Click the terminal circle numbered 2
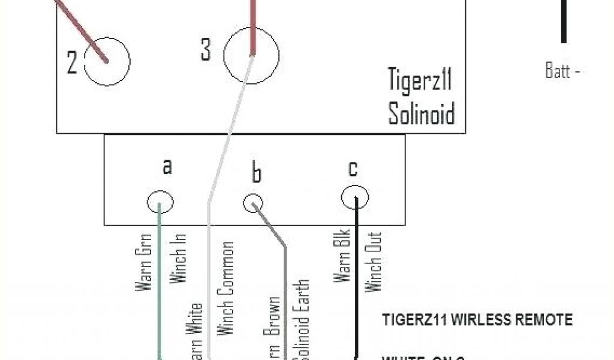(x=107, y=61)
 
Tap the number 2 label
(x=72, y=62)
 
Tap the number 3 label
(x=206, y=50)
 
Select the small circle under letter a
(x=160, y=203)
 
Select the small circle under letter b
(x=254, y=203)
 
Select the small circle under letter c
(x=355, y=197)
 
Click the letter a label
(x=167, y=166)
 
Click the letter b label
(x=256, y=173)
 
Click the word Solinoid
(x=421, y=113)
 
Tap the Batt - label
(x=562, y=71)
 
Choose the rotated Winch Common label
(x=226, y=288)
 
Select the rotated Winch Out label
(x=373, y=262)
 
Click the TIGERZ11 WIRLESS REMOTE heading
(x=477, y=319)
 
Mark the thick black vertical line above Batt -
(x=564, y=20)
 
